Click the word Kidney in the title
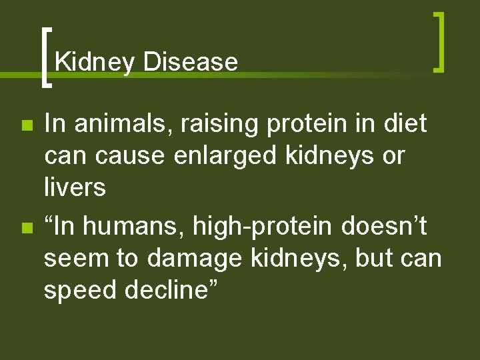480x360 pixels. click(x=95, y=62)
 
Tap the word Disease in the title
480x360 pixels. click(x=190, y=62)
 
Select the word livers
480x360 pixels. click(x=75, y=188)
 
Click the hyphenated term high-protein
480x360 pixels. click(x=262, y=227)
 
